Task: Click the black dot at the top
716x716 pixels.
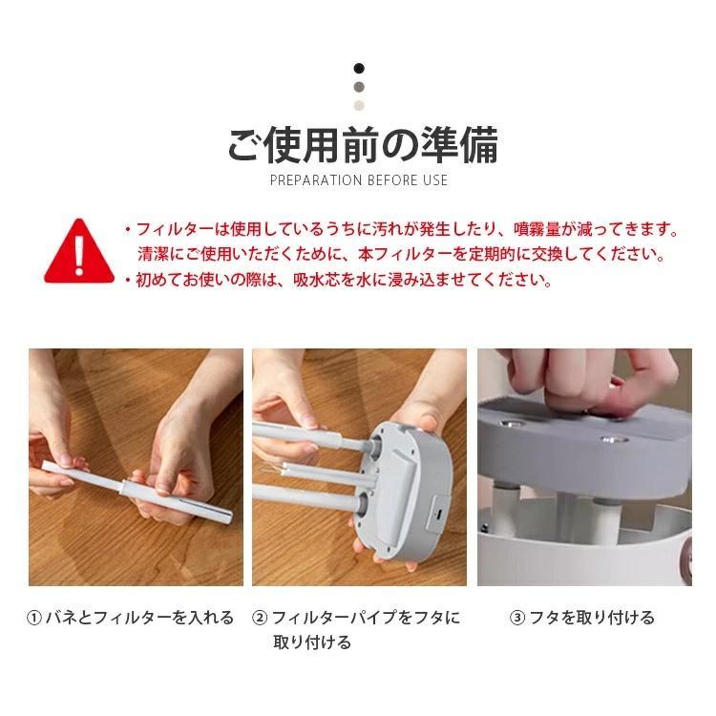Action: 359,69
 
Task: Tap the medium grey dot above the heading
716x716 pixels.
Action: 359,87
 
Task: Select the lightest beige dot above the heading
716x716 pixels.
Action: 359,105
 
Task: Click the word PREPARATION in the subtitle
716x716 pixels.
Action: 316,180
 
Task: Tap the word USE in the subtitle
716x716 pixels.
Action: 435,180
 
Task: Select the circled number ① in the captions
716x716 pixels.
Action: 34,618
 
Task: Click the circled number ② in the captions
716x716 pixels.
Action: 260,618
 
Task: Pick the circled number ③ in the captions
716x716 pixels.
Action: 516,618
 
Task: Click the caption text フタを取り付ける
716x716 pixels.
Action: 592,618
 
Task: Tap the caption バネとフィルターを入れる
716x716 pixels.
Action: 139,618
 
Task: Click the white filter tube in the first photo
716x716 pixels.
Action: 137,492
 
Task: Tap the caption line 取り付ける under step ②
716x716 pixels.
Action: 312,642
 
